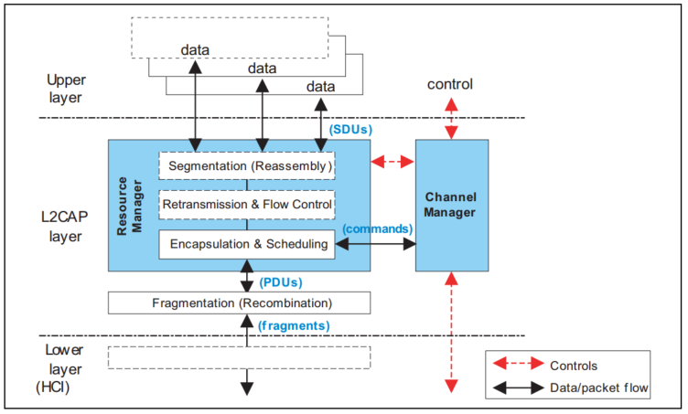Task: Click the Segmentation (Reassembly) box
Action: [x=246, y=166]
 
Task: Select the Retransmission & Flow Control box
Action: [x=246, y=204]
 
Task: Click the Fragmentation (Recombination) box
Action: [x=239, y=303]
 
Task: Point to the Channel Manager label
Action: [x=452, y=205]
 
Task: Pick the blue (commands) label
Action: [x=377, y=228]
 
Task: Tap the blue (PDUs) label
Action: [x=282, y=282]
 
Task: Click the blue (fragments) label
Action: [x=295, y=324]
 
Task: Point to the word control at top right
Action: [x=450, y=85]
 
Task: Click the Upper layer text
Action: [x=65, y=89]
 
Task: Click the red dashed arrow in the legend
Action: [x=514, y=365]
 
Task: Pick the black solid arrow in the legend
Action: [x=514, y=388]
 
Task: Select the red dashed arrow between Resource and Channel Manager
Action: [x=393, y=162]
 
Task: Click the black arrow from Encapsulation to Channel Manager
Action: [x=377, y=244]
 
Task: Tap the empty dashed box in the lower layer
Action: [x=239, y=356]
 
